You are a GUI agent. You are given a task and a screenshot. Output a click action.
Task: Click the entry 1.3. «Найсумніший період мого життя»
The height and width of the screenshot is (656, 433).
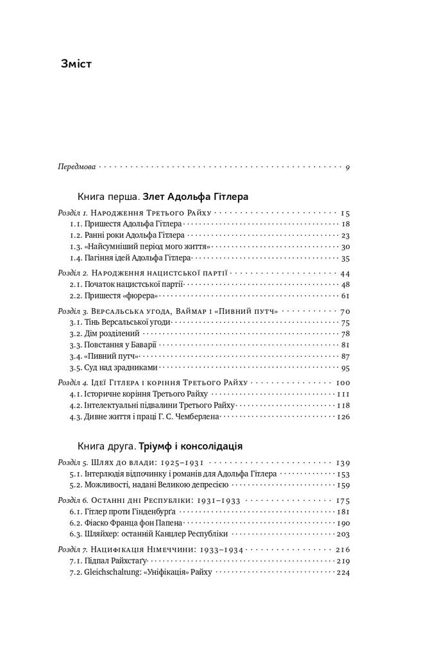tap(140, 247)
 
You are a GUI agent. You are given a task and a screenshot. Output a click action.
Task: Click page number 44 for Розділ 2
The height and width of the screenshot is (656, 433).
tap(344, 273)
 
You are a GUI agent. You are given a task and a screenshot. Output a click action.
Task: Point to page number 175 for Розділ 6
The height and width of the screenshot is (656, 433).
tap(342, 500)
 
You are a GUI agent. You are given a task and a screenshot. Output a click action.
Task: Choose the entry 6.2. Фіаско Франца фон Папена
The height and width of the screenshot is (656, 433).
tap(126, 523)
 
